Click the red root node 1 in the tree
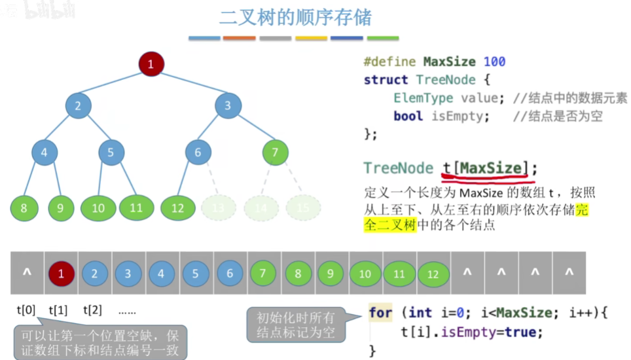pyautogui.click(x=151, y=64)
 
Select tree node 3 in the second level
pyautogui.click(x=228, y=105)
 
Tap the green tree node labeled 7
pyautogui.click(x=275, y=153)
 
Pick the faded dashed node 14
pyautogui.click(x=261, y=208)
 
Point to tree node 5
pyautogui.click(x=111, y=153)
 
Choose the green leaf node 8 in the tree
pyautogui.click(x=24, y=209)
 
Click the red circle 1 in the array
pyautogui.click(x=62, y=274)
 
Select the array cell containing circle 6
pyautogui.click(x=229, y=274)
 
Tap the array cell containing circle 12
pyautogui.click(x=433, y=274)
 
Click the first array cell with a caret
pyautogui.click(x=27, y=274)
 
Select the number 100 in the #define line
pyautogui.click(x=494, y=62)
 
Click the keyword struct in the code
pyautogui.click(x=386, y=80)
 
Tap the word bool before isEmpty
pyautogui.click(x=408, y=116)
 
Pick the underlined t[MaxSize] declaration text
pyautogui.click(x=485, y=168)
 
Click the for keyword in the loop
pyautogui.click(x=380, y=312)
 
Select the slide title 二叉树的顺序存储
pyautogui.click(x=295, y=16)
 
